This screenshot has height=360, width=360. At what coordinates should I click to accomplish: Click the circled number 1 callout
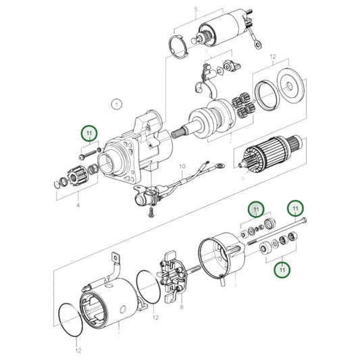click(x=116, y=105)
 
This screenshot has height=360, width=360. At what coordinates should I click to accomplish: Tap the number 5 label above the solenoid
click(x=196, y=10)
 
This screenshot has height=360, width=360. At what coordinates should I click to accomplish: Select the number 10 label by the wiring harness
click(x=181, y=165)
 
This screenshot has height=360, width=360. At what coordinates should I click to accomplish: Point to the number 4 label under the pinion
click(x=78, y=205)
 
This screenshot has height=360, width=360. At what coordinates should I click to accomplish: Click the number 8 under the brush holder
click(x=181, y=307)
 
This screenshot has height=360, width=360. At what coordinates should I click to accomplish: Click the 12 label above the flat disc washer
click(x=273, y=58)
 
